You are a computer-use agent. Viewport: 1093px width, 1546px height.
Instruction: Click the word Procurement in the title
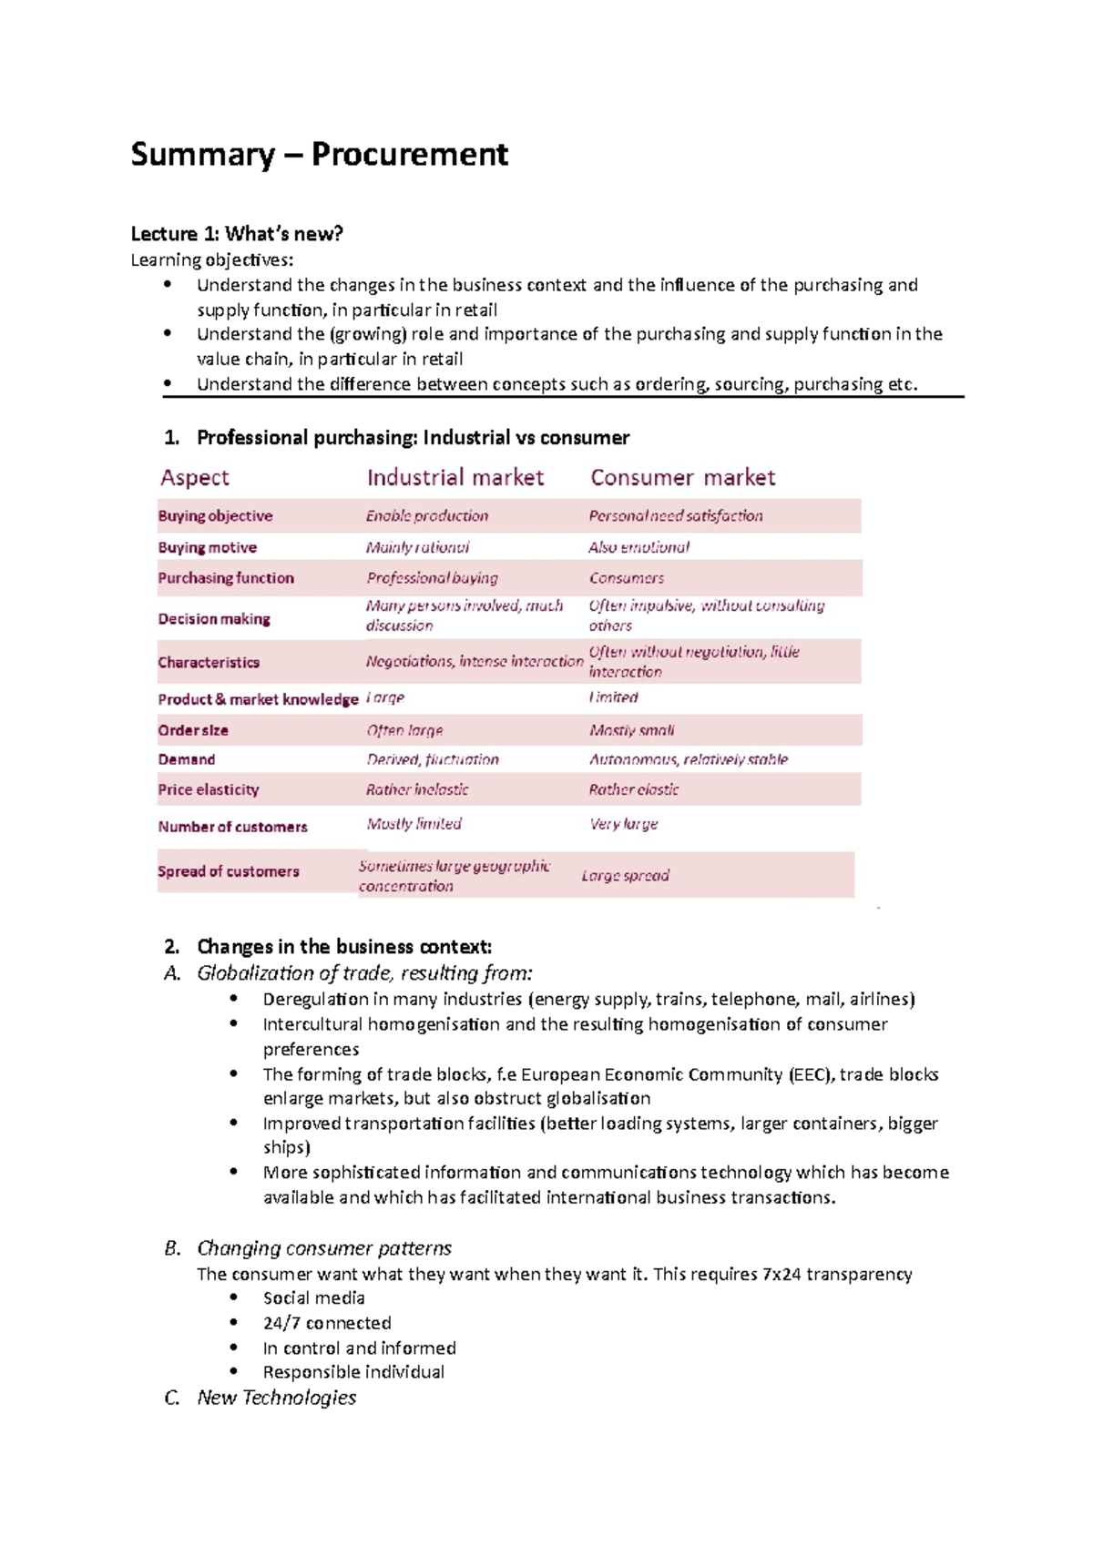pyautogui.click(x=409, y=155)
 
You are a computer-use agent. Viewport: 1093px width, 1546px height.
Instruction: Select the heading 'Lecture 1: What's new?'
pyautogui.click(x=237, y=234)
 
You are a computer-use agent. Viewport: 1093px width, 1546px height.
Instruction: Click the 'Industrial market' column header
pyautogui.click(x=455, y=477)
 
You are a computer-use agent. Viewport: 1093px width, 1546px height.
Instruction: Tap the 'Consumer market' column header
pyautogui.click(x=682, y=477)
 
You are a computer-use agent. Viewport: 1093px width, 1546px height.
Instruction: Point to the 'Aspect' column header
pyautogui.click(x=194, y=477)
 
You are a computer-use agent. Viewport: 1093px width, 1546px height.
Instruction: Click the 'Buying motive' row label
pyautogui.click(x=207, y=547)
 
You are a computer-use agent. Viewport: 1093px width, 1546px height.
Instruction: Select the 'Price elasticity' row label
pyautogui.click(x=208, y=789)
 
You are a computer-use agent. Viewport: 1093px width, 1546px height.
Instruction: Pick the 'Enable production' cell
pyautogui.click(x=426, y=516)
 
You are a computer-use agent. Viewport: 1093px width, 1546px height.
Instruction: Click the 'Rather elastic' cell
pyautogui.click(x=633, y=789)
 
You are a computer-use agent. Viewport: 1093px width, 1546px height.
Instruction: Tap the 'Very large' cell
pyautogui.click(x=623, y=824)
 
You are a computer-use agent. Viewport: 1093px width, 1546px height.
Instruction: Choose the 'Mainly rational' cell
pyautogui.click(x=417, y=547)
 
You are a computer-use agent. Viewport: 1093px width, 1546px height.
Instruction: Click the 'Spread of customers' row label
pyautogui.click(x=228, y=871)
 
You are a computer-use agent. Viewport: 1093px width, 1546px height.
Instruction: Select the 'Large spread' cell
pyautogui.click(x=625, y=876)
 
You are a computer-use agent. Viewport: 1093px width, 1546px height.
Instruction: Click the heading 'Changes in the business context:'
pyautogui.click(x=343, y=947)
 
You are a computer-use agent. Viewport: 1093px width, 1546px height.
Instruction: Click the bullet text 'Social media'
pyautogui.click(x=313, y=1298)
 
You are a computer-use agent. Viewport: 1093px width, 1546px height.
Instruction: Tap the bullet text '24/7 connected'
pyautogui.click(x=327, y=1323)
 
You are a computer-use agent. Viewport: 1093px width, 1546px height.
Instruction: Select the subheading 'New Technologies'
pyautogui.click(x=276, y=1398)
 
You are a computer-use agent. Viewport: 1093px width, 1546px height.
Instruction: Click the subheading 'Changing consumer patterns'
pyautogui.click(x=324, y=1248)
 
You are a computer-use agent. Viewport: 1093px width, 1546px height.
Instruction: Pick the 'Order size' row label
pyautogui.click(x=192, y=730)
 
